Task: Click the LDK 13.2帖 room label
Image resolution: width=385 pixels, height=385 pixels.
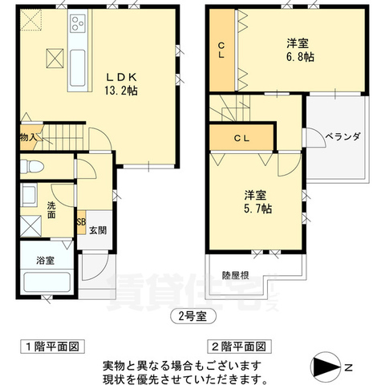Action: pyautogui.click(x=121, y=84)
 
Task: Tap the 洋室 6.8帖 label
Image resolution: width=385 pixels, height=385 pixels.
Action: pyautogui.click(x=300, y=51)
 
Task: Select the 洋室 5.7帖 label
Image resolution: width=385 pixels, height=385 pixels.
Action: pyautogui.click(x=257, y=202)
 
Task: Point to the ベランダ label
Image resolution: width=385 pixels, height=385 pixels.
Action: pyautogui.click(x=342, y=136)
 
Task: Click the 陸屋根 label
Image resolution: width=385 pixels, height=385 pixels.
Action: pyautogui.click(x=236, y=275)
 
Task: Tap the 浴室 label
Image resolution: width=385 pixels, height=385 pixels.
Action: pyautogui.click(x=46, y=260)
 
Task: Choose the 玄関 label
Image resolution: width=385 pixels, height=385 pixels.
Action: pyautogui.click(x=98, y=230)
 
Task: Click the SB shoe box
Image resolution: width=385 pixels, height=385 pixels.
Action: pyautogui.click(x=82, y=222)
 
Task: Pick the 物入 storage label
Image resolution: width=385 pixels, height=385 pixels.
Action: pyautogui.click(x=28, y=138)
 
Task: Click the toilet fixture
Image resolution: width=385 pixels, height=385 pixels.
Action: pyautogui.click(x=32, y=167)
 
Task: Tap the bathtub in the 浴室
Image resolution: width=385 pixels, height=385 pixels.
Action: pyautogui.click(x=47, y=283)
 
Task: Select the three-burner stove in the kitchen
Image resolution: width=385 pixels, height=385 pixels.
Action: pyautogui.click(x=78, y=23)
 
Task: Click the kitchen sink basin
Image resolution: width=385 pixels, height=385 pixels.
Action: pyautogui.click(x=78, y=68)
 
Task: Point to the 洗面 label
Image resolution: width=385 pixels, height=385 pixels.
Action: pyautogui.click(x=51, y=210)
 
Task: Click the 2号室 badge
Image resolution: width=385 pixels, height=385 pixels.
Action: pyautogui.click(x=193, y=317)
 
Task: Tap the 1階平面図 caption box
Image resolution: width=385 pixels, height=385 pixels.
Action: pyautogui.click(x=53, y=346)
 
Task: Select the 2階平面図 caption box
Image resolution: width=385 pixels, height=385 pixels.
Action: pyautogui.click(x=240, y=346)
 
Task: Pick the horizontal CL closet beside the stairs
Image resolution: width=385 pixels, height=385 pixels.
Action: pyautogui.click(x=241, y=138)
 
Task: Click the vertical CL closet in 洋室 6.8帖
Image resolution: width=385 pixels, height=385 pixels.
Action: pyautogui.click(x=222, y=51)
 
